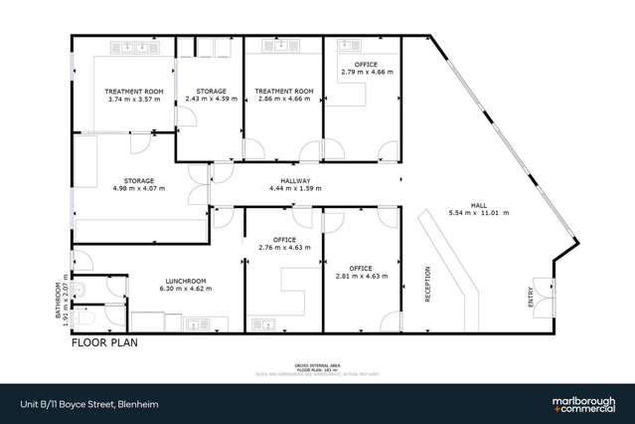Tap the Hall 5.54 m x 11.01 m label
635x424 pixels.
478,208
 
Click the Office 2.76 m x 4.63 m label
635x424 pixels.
284,243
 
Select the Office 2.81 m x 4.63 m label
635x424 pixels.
361,271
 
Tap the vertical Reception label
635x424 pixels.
427,289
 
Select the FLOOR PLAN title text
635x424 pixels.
103,342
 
